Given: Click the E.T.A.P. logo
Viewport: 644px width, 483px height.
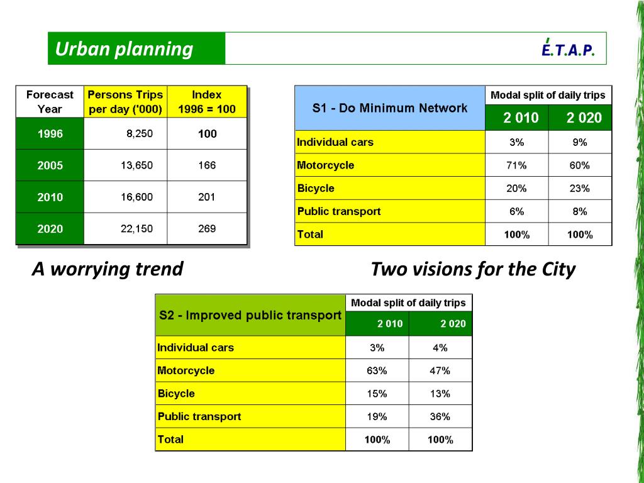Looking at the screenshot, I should pyautogui.click(x=567, y=49).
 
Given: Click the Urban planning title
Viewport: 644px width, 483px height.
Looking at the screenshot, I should pyautogui.click(x=124, y=49).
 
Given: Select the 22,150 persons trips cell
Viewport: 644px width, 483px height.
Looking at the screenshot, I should pyautogui.click(x=136, y=228).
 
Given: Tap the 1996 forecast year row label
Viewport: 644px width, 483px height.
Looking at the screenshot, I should pyautogui.click(x=50, y=134).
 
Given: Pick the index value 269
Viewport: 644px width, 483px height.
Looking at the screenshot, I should pyautogui.click(x=207, y=228).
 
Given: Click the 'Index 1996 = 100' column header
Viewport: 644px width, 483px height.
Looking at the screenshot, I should pyautogui.click(x=207, y=101).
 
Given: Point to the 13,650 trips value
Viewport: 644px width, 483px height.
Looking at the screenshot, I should pyautogui.click(x=136, y=165).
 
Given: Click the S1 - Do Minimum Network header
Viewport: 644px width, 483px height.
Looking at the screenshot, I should pyautogui.click(x=390, y=108).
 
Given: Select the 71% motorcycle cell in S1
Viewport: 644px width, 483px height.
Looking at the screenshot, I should pyautogui.click(x=517, y=165).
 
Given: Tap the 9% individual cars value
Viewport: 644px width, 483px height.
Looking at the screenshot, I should pyautogui.click(x=580, y=142).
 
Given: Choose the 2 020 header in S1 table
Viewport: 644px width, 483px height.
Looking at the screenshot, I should pyautogui.click(x=580, y=118).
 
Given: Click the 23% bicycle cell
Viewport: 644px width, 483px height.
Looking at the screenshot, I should pyautogui.click(x=580, y=188).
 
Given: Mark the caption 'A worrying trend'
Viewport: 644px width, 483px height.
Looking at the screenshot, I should pyautogui.click(x=108, y=269).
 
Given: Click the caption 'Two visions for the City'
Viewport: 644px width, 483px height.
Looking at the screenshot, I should pyautogui.click(x=473, y=269).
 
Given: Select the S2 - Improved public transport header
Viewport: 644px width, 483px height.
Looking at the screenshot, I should pyautogui.click(x=250, y=315).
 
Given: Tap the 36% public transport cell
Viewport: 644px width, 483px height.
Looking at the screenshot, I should pyautogui.click(x=440, y=416).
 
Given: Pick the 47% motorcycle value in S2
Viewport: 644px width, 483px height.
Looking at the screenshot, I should pyautogui.click(x=440, y=370).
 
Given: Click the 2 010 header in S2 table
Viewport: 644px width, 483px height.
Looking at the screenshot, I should pyautogui.click(x=377, y=324).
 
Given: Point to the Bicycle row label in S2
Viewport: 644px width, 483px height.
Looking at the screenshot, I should pyautogui.click(x=176, y=394).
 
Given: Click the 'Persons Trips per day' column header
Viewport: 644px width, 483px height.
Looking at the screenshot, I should pyautogui.click(x=125, y=101).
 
